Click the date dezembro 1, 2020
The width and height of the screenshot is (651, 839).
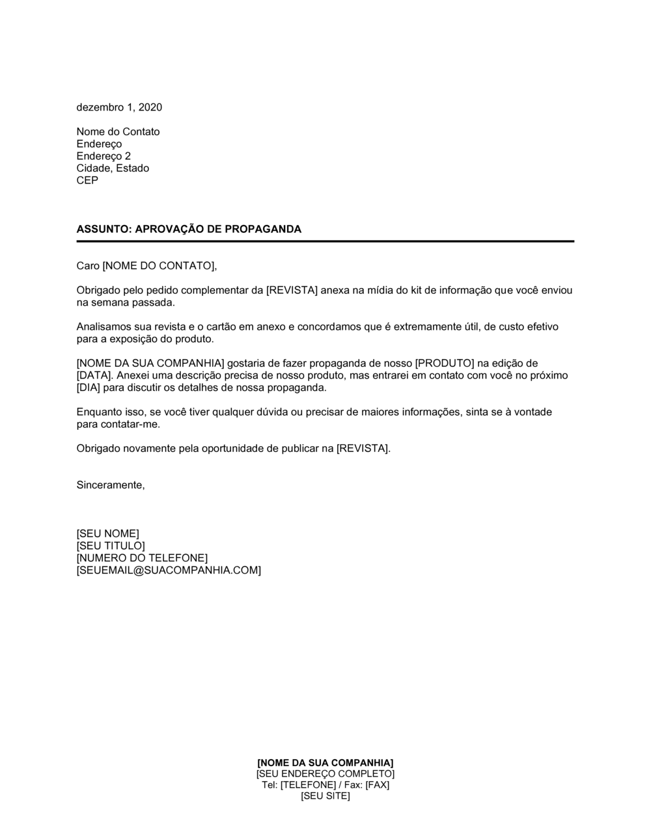(119, 107)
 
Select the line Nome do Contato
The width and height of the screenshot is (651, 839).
(118, 132)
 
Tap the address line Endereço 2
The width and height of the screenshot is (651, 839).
(104, 156)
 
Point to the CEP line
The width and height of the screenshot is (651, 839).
(87, 180)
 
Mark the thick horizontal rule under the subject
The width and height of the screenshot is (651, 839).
(325, 241)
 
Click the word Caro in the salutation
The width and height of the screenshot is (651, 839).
(88, 265)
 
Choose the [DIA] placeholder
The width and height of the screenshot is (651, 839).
(88, 388)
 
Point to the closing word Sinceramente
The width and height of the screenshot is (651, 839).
(110, 485)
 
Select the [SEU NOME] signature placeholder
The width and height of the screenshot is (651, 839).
(107, 534)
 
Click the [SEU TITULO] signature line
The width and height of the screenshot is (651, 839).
(111, 546)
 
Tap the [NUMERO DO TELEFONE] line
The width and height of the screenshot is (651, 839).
(142, 558)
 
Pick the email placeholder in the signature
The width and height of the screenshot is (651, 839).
(169, 570)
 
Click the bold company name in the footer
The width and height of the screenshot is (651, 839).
(325, 762)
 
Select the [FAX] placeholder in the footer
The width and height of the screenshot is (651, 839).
(377, 784)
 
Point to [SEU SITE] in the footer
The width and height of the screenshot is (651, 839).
(325, 796)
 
